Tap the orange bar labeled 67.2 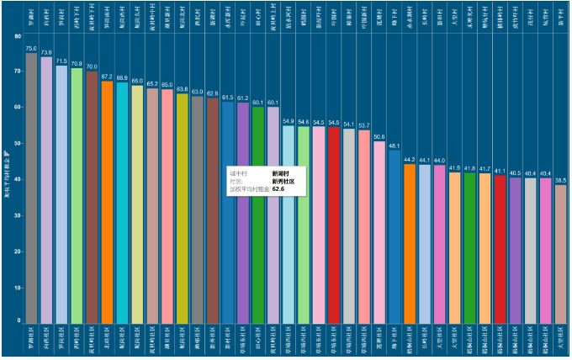[107, 202]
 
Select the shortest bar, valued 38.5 [561, 252]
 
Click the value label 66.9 [122, 77]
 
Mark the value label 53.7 [364, 124]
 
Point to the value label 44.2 [410, 159]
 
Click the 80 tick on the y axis [18, 37]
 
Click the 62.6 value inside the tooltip [278, 190]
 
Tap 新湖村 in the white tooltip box [280, 172]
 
